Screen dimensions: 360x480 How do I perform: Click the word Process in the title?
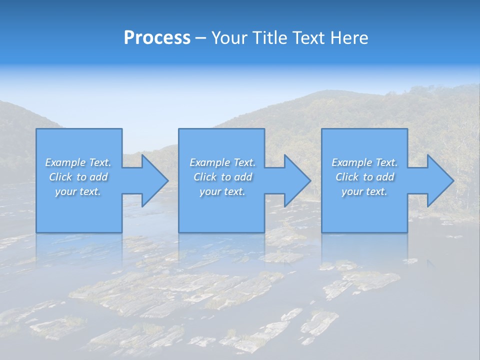(157, 38)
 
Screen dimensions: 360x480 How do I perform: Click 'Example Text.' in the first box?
(78, 162)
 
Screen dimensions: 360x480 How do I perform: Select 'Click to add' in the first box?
(78, 177)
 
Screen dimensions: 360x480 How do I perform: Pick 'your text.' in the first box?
(78, 191)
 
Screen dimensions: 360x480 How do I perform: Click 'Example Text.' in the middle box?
(222, 162)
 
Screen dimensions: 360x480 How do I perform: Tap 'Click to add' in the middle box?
(222, 177)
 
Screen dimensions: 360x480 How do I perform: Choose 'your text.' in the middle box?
(222, 191)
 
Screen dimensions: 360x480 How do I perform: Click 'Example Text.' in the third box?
(364, 162)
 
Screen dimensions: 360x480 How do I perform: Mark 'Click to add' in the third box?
(364, 177)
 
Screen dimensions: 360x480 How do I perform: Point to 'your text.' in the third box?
(364, 191)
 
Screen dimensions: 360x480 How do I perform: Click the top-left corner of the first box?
(37, 129)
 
